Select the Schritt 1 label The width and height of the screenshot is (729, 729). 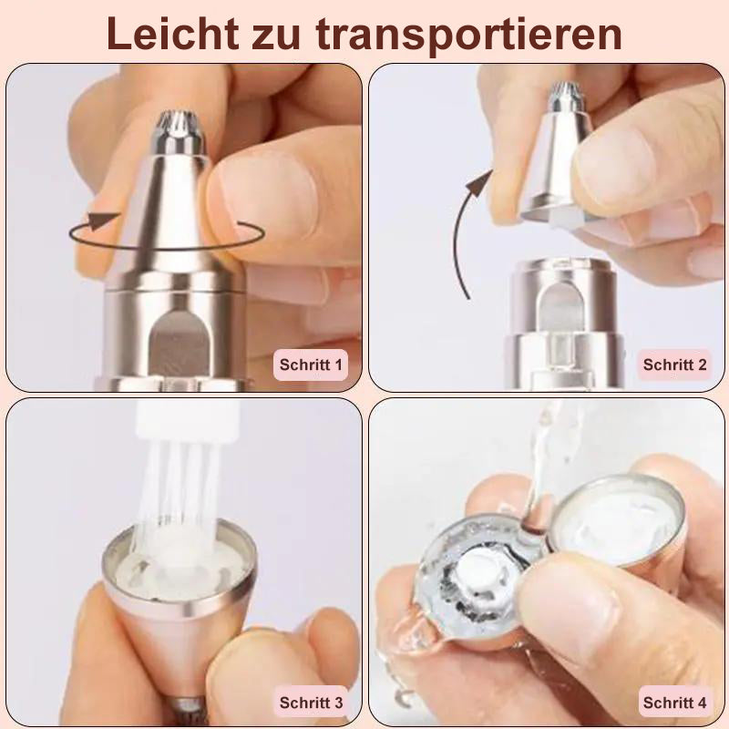pos(311,365)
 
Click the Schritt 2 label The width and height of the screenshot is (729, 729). pos(674,364)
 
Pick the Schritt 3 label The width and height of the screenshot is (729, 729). pos(311,703)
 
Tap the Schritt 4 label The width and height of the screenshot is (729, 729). pos(674,703)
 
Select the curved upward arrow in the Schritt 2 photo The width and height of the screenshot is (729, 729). pos(469,228)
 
